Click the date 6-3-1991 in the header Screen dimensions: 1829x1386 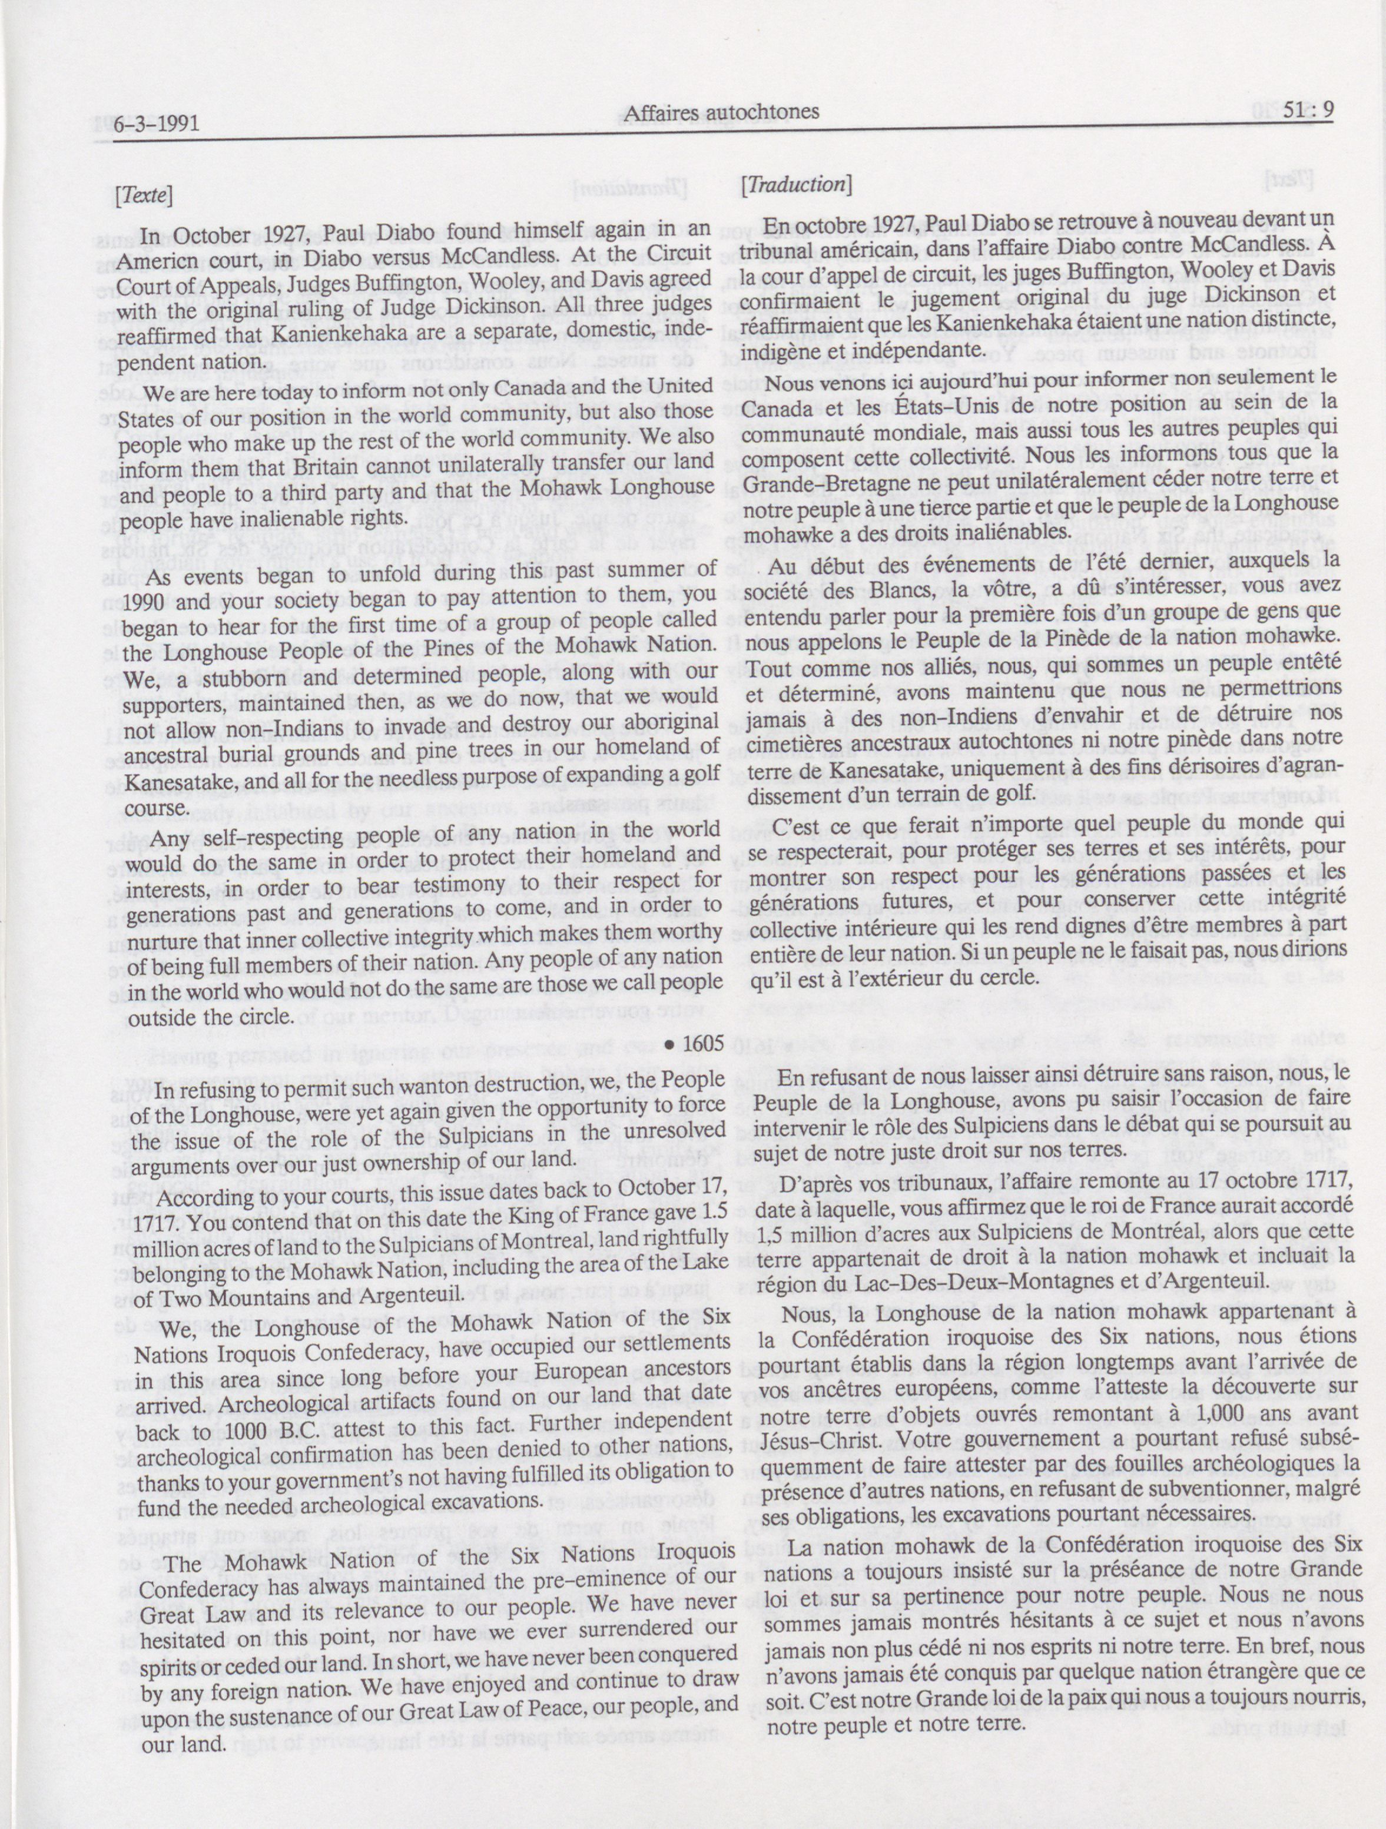(151, 124)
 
